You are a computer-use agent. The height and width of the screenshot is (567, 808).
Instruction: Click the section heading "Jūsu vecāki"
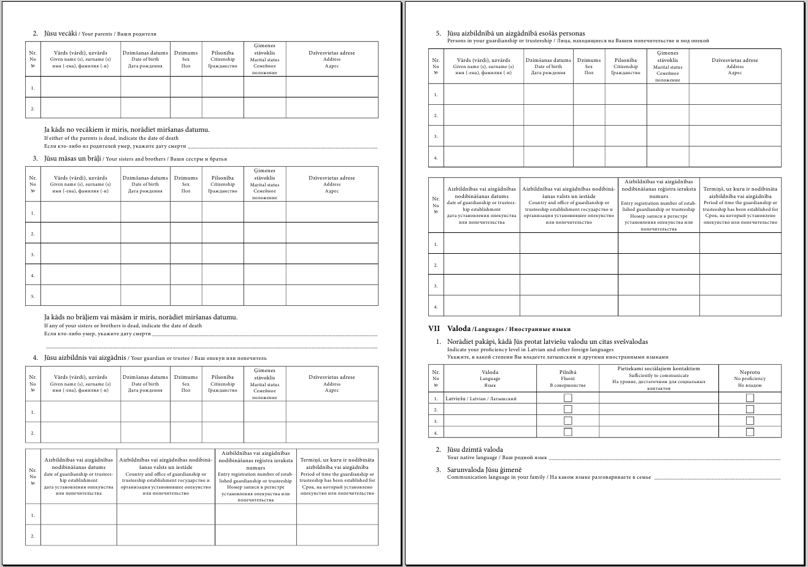coord(60,33)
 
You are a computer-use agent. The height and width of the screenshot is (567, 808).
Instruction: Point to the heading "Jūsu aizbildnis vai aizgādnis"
coord(85,357)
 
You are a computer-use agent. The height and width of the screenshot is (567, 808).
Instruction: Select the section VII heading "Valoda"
coord(459,329)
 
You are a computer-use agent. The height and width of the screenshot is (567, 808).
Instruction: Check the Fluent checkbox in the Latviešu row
coord(568,398)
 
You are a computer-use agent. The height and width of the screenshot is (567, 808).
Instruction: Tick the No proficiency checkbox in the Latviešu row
coord(750,398)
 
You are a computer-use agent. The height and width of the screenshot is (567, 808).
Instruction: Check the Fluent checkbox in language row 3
coord(568,420)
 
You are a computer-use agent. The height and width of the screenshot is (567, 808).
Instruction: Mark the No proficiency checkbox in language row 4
coord(750,432)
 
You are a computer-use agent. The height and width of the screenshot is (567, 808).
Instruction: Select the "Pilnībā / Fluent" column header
coord(568,378)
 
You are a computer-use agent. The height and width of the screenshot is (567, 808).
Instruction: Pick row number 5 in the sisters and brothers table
coord(33,296)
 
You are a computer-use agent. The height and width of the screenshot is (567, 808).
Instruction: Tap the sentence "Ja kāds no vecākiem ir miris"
coord(126,129)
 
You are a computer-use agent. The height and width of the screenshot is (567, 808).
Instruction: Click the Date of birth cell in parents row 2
coord(145,108)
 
